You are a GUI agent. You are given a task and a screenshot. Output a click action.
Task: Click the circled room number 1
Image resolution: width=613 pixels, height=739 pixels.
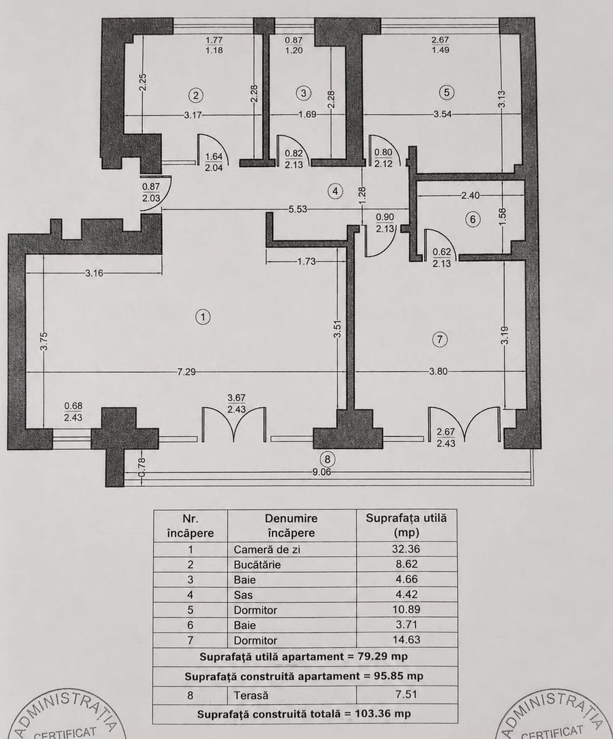[x=203, y=317]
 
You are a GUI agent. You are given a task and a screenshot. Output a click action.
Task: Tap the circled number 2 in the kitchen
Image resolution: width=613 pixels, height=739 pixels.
[x=195, y=95]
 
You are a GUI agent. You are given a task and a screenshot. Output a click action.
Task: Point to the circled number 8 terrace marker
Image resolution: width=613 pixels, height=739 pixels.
[x=328, y=458]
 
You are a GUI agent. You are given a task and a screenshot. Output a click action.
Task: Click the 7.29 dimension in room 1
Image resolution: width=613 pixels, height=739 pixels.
[x=186, y=372]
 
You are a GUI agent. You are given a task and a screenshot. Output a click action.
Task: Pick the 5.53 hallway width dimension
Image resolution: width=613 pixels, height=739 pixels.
[x=298, y=209]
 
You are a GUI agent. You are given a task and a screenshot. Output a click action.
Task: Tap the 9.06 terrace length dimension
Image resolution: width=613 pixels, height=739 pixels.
[x=322, y=471]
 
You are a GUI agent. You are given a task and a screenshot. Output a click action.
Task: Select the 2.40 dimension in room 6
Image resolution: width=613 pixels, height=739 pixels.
[x=470, y=194]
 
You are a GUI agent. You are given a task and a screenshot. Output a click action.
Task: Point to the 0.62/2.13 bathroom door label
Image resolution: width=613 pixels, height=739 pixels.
[x=441, y=258]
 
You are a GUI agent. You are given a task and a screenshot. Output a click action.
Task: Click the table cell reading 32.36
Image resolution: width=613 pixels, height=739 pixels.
[x=406, y=549]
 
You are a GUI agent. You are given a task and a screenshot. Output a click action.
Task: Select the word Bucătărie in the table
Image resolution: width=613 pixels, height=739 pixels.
[x=257, y=565]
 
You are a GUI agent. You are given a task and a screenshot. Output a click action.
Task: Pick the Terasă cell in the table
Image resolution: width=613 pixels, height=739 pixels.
[x=251, y=695]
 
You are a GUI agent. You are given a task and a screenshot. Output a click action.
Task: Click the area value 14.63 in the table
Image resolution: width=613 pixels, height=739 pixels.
[x=406, y=640]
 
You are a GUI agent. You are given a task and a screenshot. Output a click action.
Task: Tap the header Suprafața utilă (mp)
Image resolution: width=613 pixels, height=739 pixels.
[x=406, y=526]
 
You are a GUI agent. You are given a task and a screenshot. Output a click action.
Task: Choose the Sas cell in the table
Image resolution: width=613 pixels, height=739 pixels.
[x=243, y=595]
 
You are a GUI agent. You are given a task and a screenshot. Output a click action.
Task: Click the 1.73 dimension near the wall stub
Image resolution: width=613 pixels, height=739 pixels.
[x=306, y=261]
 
